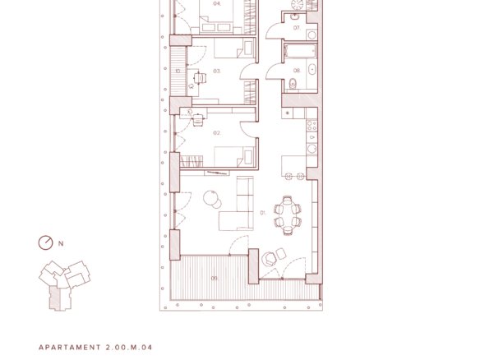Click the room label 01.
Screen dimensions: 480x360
tap(263, 212)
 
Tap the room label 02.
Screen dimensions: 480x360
tap(217, 133)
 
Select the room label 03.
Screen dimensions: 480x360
tap(217, 71)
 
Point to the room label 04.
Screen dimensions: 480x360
tap(217, 3)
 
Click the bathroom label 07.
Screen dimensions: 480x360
tap(297, 28)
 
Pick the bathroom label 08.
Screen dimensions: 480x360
tap(297, 71)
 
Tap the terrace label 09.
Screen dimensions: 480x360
tap(215, 279)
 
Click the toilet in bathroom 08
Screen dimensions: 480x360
tap(293, 83)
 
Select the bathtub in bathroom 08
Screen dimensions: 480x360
tap(300, 51)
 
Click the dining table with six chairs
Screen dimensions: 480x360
tap(288, 215)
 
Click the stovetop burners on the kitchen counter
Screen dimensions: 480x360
tap(312, 125)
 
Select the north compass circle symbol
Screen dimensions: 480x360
tap(45, 243)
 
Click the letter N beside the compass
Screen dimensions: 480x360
tap(61, 243)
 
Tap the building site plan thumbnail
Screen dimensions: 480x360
tap(64, 285)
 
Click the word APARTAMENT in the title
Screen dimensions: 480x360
tap(70, 348)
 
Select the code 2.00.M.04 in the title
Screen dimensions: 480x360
tap(129, 348)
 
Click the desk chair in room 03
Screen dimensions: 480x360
tap(199, 78)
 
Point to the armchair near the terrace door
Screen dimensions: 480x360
tap(269, 259)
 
